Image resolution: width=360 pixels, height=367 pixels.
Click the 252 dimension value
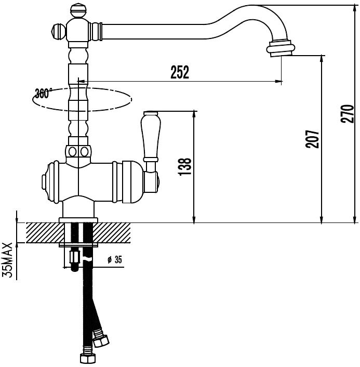pos(179,72)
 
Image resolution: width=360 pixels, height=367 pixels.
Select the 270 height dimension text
pos(348,114)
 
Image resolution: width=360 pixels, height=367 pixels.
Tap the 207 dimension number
pos(312,139)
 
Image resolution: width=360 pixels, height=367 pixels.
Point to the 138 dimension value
pos(185,167)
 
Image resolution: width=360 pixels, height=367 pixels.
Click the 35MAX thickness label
pos(7,260)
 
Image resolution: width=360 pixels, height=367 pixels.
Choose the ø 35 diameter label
pos(115,259)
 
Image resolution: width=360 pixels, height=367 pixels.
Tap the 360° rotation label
pos(43,94)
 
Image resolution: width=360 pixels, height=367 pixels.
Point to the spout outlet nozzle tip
pos(281,48)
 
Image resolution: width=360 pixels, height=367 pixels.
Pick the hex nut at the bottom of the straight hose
pos(88,358)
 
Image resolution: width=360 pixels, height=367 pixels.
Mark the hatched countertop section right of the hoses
pos(112,233)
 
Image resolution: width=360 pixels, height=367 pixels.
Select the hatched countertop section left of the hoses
pos(45,233)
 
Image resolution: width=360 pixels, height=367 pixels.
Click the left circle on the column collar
pos(73,152)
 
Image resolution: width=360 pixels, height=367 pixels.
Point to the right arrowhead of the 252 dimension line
pos(278,82)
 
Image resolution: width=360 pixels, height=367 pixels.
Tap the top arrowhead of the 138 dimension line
pos(194,115)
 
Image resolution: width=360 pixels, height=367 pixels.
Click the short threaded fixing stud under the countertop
pos(75,260)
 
